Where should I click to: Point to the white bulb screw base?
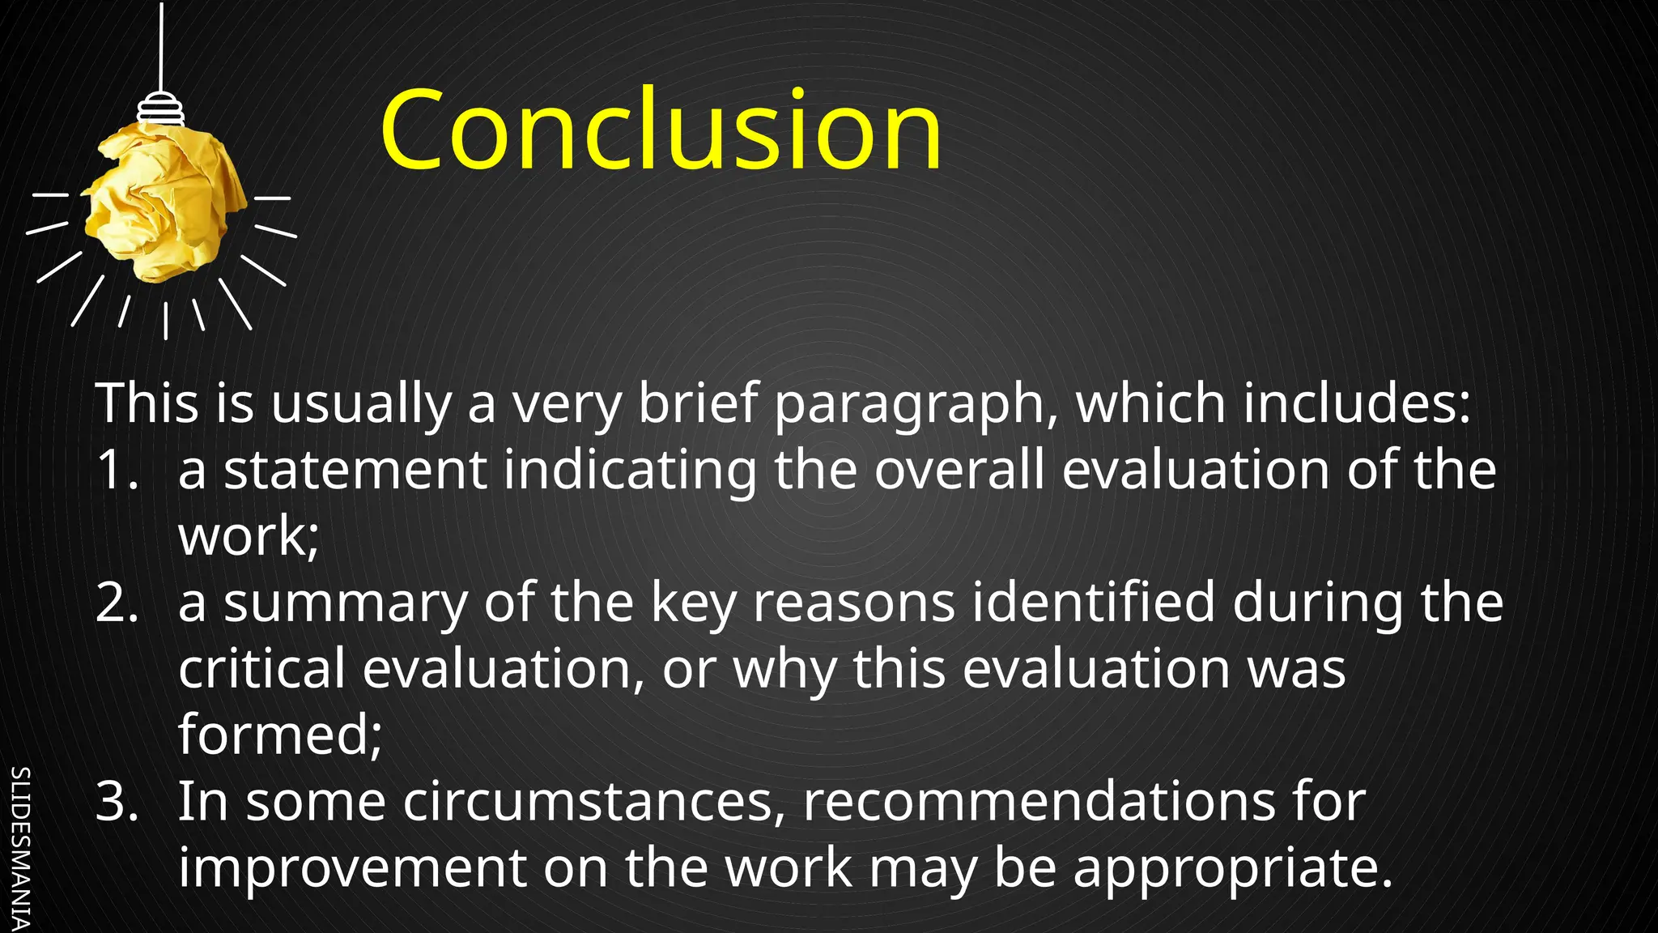coord(160,109)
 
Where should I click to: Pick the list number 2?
coord(117,603)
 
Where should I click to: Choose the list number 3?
coord(117,802)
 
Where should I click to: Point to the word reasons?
coord(854,603)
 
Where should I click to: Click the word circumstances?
coord(593,802)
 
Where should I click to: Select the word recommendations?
coord(1039,802)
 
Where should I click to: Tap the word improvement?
coord(353,868)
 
